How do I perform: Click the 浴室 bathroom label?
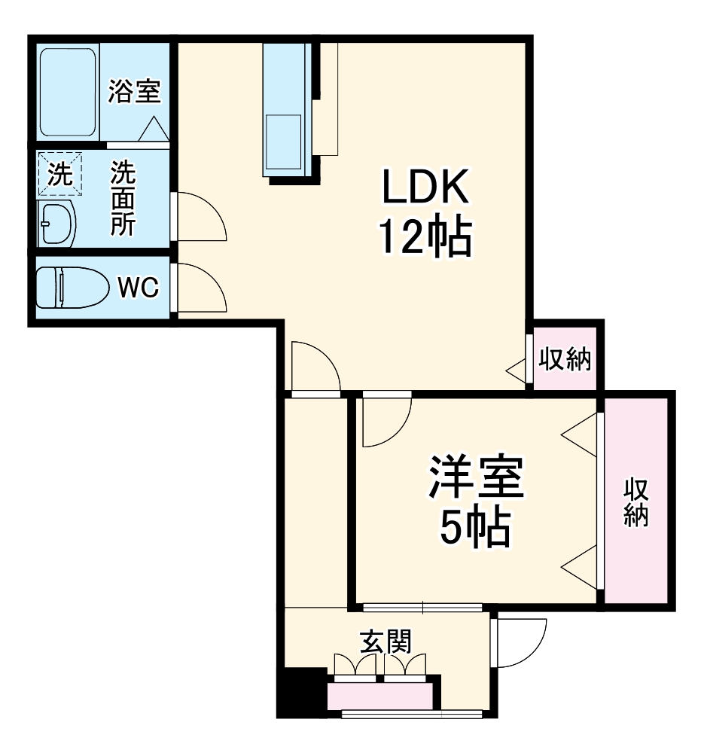point(134,92)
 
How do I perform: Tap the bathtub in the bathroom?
point(68,92)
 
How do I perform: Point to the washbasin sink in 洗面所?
point(57,223)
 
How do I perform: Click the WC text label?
point(137,287)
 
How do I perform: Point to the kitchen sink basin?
point(283,141)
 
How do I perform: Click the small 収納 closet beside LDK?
point(565,359)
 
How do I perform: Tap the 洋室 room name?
point(475,478)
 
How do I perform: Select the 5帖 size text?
point(475,527)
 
